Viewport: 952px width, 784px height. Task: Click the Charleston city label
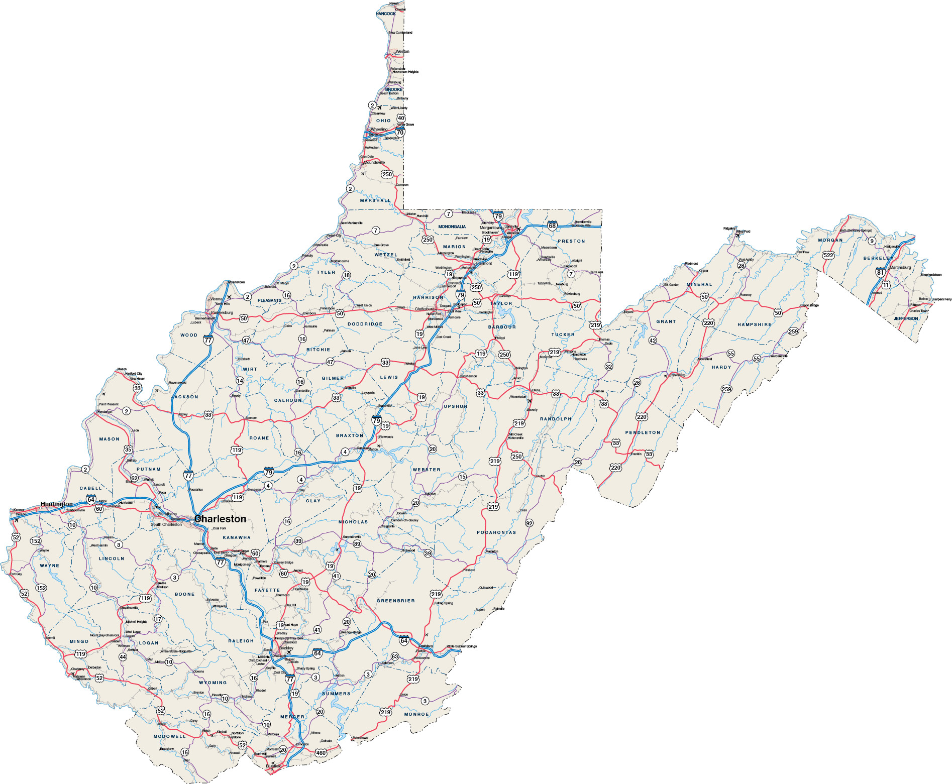[220, 519]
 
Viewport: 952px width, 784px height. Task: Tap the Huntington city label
[57, 504]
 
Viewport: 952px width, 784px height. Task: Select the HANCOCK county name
[385, 14]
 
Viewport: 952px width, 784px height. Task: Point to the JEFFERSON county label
[906, 318]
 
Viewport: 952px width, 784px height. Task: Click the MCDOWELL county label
[170, 736]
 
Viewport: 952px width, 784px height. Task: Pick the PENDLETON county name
[643, 432]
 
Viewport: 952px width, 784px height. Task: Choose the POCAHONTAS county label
[496, 532]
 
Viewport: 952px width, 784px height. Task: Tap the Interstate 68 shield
[552, 226]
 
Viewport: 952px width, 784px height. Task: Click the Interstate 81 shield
[880, 272]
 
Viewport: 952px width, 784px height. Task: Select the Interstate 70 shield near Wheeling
[400, 132]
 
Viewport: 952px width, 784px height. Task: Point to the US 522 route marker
[828, 255]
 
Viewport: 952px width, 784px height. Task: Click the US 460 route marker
[321, 753]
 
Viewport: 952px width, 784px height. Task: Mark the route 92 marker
[529, 523]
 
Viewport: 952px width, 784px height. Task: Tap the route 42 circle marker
[653, 340]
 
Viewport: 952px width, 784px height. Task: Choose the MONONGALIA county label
[452, 227]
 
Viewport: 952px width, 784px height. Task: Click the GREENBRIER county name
[396, 601]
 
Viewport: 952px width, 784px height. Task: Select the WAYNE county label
[49, 566]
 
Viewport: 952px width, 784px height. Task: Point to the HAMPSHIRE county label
[754, 324]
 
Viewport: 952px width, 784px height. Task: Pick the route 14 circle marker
[240, 381]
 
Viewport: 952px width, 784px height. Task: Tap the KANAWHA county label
[237, 537]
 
